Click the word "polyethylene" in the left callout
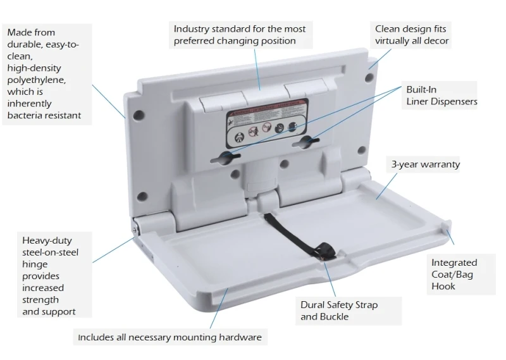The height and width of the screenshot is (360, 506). point(36,80)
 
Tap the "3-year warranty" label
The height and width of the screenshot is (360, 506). point(425,164)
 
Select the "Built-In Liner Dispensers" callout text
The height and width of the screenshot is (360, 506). point(441,96)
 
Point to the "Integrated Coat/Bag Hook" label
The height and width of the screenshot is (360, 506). point(454,274)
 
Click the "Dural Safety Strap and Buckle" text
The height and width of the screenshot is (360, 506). point(339,310)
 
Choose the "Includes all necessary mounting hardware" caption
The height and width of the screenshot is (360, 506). point(169,337)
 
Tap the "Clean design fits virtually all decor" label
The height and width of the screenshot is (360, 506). point(412,35)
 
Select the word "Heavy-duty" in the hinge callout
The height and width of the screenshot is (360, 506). point(46,240)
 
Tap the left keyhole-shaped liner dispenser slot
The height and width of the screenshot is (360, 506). point(230,156)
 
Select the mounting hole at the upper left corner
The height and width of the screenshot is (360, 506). point(140,115)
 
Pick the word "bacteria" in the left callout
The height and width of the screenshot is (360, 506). point(25,115)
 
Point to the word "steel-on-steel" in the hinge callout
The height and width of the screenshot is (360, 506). point(49,252)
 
